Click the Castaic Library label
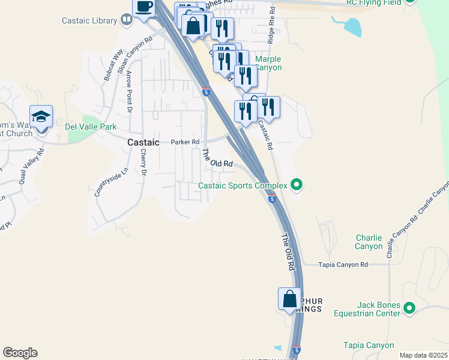(x=89, y=20)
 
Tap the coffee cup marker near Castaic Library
(x=143, y=8)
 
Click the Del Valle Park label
(x=91, y=127)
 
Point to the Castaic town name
(x=143, y=142)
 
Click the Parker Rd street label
(x=184, y=142)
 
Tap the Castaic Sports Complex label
(x=243, y=186)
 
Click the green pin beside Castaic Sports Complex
(x=295, y=185)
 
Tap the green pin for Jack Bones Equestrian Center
(x=409, y=308)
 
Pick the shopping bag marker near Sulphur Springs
(x=289, y=299)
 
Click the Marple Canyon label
(x=268, y=63)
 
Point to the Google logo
(x=20, y=353)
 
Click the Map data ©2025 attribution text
(x=423, y=355)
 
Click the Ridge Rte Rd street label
(x=272, y=27)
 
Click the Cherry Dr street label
(x=143, y=163)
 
